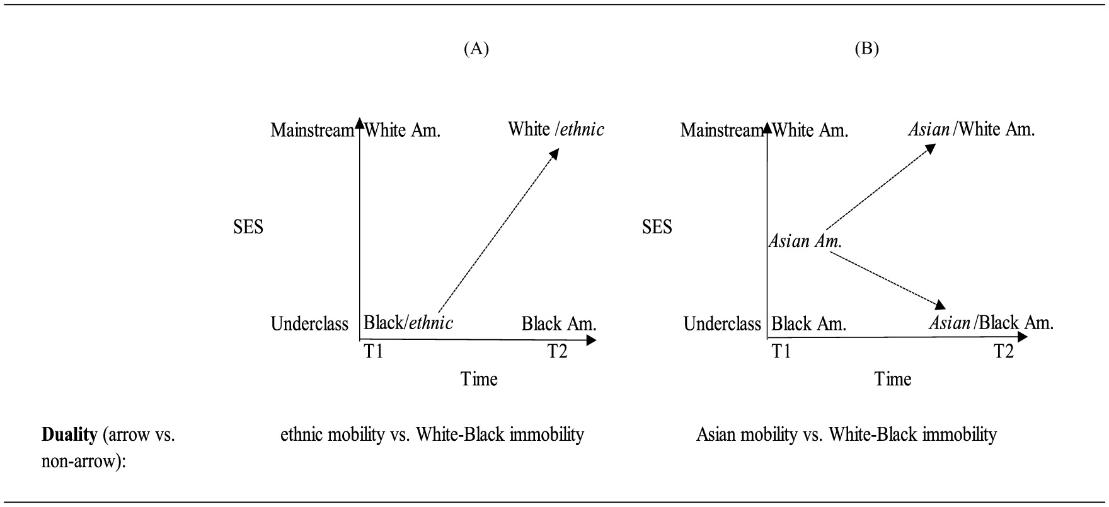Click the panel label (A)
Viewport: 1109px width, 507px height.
[x=476, y=49]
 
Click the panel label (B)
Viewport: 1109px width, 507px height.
[x=866, y=49]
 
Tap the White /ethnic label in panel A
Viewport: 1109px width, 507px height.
[x=556, y=130]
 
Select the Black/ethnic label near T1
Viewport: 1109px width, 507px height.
[x=408, y=323]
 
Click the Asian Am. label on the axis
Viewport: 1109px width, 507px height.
[x=805, y=241]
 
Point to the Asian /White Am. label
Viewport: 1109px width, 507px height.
[x=971, y=130]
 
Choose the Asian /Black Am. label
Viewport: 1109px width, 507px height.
[x=991, y=323]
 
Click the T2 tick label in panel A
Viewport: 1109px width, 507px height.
[x=557, y=351]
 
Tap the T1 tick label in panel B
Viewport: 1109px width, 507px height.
[x=781, y=351]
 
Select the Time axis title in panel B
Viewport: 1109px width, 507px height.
[x=893, y=379]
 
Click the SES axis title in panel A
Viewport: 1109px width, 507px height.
[x=248, y=227]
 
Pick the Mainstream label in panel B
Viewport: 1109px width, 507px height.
[x=721, y=131]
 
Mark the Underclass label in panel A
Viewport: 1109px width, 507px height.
[x=309, y=324]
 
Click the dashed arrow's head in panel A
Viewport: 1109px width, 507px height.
[x=554, y=153]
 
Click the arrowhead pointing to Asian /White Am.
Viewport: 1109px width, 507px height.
[x=931, y=148]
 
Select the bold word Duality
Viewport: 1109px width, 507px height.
[x=69, y=434]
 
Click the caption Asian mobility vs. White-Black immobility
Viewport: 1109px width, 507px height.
[x=846, y=434]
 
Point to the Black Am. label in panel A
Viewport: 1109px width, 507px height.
[x=559, y=324]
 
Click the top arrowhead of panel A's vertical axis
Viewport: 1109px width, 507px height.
[x=359, y=122]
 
